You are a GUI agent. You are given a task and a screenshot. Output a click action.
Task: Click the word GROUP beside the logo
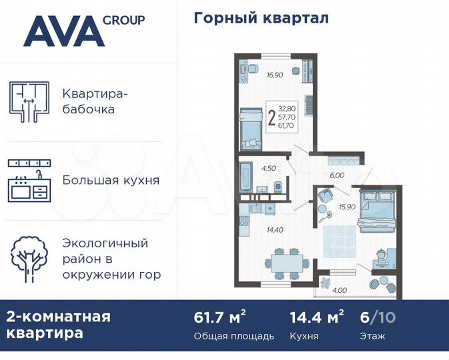[x=123, y=20]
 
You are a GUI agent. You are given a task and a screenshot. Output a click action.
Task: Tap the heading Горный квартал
[x=261, y=18]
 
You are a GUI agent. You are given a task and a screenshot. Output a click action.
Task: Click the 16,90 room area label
[x=275, y=75]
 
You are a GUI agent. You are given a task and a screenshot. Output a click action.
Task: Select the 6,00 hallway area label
[x=338, y=176]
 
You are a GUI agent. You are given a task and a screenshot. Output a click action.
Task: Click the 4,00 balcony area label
[x=340, y=289]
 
